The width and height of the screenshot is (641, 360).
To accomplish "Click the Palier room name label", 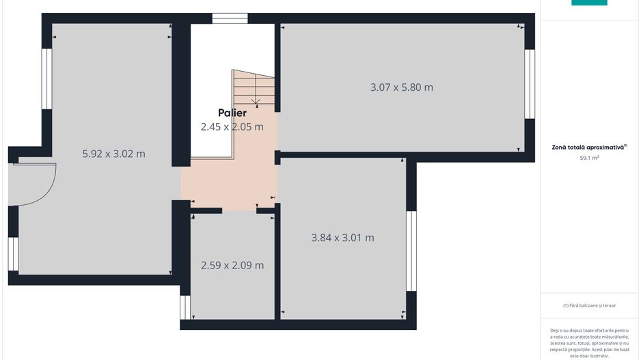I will tap(232, 113).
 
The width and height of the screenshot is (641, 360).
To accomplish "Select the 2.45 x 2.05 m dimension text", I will tap(232, 126).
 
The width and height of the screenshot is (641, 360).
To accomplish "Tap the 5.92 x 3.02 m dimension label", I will tap(113, 154).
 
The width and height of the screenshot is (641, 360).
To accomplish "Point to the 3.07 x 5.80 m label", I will tap(402, 87).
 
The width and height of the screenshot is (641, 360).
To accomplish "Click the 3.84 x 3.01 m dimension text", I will tap(342, 238).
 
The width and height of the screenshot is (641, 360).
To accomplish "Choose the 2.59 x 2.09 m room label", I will tap(232, 265).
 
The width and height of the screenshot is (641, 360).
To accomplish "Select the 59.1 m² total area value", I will tap(589, 158).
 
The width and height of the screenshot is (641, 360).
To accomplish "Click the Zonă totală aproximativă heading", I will tap(589, 147).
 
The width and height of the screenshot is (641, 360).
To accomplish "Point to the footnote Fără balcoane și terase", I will tap(589, 305).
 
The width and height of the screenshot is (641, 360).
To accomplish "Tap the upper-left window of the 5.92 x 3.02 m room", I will tap(46, 79).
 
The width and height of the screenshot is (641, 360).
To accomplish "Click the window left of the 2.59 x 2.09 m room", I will tap(185, 307).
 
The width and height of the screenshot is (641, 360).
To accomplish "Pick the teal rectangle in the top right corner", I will tap(589, 3).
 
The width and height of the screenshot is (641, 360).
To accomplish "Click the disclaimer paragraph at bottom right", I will tap(589, 342).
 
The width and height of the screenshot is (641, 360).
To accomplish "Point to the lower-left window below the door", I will tap(13, 254).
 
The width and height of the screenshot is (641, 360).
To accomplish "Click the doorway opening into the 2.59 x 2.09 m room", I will tap(239, 210).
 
